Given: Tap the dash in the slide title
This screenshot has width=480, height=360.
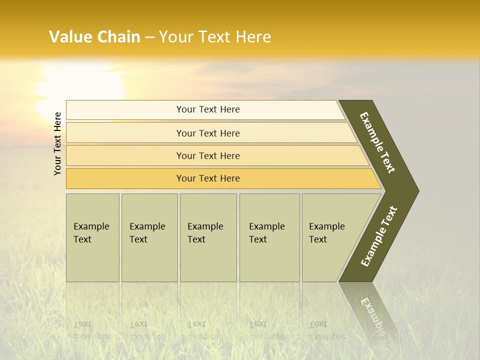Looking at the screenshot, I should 149,37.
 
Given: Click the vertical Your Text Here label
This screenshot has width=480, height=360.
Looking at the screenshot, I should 57,143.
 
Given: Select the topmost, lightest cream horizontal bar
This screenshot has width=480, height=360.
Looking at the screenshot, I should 207,109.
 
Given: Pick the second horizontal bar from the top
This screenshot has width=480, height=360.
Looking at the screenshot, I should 207,133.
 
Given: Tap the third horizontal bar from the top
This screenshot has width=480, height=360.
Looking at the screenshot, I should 207,155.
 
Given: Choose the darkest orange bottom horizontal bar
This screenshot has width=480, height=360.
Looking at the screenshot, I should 207,178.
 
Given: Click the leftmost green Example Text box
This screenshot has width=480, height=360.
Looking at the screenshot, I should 92,237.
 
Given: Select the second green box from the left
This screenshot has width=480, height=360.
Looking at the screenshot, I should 149,237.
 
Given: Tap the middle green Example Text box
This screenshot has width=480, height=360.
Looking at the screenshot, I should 208,237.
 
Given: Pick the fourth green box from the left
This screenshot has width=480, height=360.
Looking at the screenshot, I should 269,237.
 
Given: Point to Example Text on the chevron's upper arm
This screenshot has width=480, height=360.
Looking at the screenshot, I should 377,142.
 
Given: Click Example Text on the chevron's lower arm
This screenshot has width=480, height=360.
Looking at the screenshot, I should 379,236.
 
